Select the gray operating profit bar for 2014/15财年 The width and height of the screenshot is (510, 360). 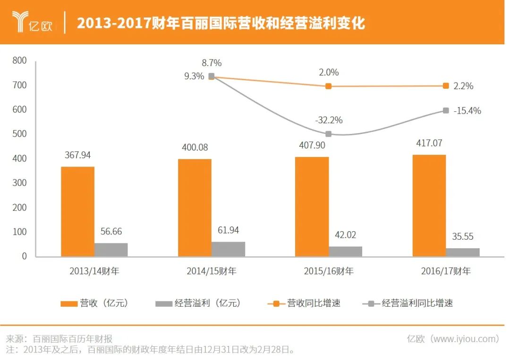pos(228,249)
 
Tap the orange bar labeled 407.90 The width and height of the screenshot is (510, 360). pos(312,207)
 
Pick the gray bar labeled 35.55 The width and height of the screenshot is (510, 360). pos(463,252)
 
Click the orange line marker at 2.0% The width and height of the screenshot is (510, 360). pos(329,86)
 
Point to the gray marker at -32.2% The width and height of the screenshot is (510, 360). pos(329,134)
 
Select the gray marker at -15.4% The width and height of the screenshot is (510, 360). pos(446,110)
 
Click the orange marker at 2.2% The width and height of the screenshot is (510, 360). pos(446,86)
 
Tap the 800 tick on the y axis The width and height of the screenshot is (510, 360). pos(20,61)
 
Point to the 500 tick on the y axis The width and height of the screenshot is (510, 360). pos(20,134)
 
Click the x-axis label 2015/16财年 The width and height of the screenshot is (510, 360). pos(329,271)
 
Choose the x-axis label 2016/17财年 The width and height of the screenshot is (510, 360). pos(446,271)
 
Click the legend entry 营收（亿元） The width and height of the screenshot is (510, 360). pos(95,303)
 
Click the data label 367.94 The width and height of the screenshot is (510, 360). pos(77,155)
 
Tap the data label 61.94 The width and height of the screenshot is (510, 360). pos(228,230)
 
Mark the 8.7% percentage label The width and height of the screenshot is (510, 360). pos(211,63)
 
